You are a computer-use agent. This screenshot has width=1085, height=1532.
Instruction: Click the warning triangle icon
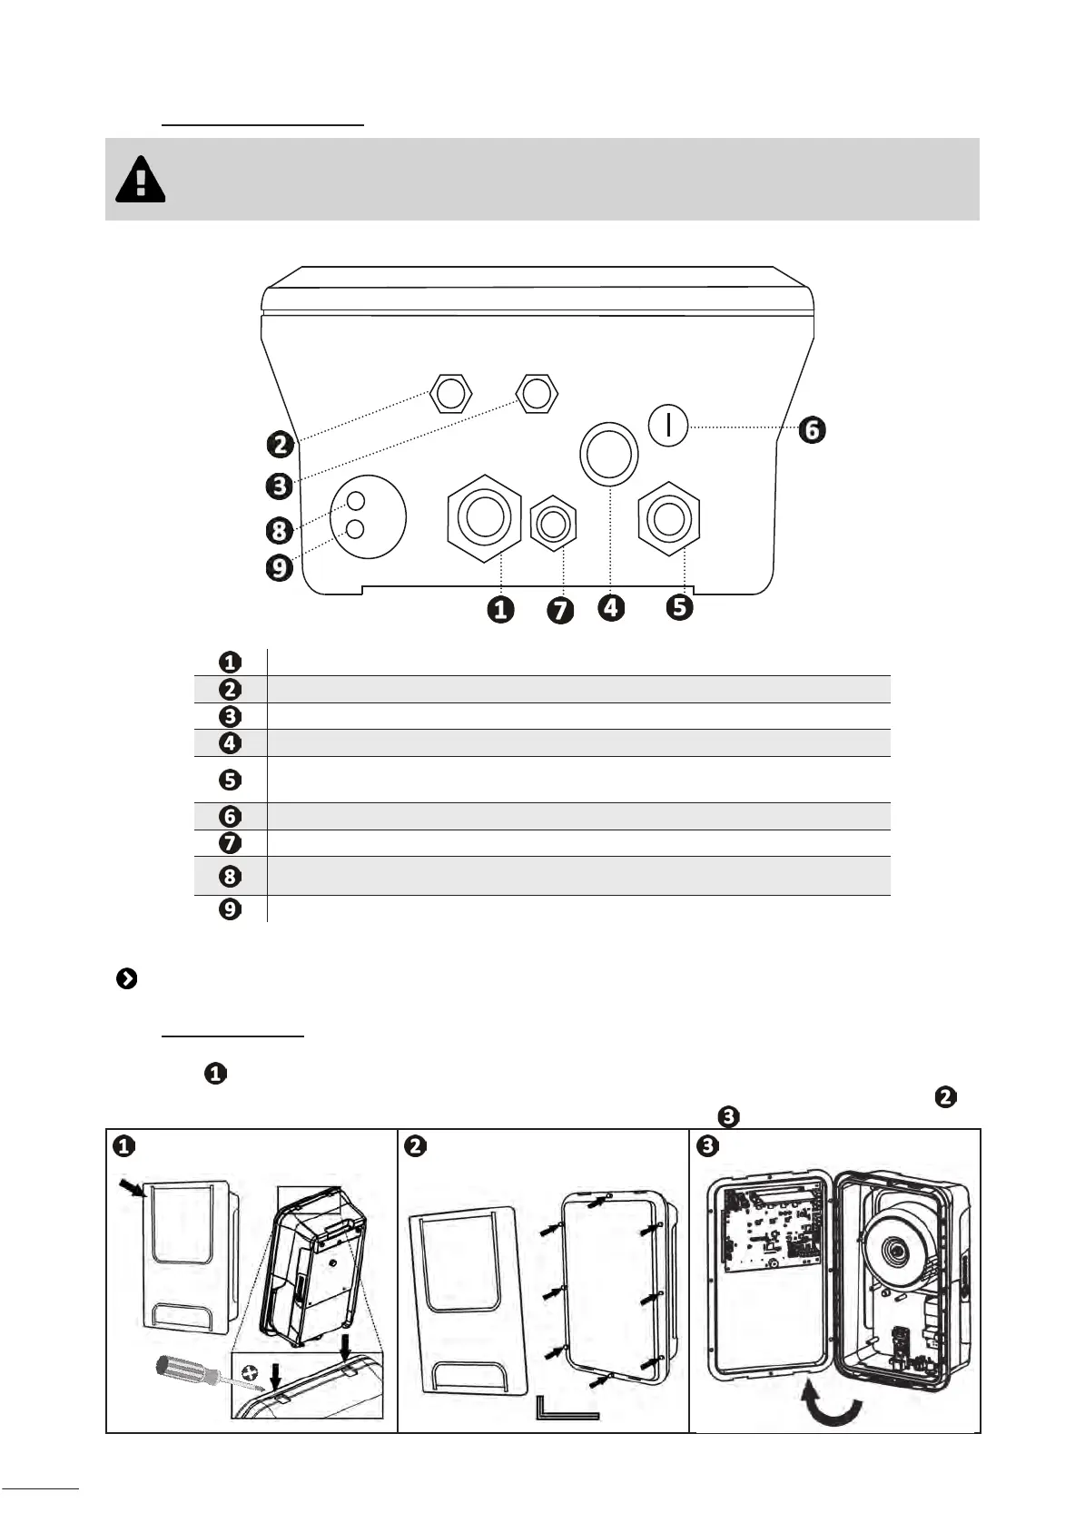tap(140, 179)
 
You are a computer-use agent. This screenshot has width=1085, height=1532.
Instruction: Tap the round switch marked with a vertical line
tap(667, 426)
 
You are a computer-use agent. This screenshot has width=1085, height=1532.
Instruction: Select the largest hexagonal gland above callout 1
tap(484, 517)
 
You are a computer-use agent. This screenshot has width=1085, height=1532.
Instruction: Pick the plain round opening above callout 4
tap(609, 454)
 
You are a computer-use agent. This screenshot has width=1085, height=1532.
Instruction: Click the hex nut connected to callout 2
tap(451, 393)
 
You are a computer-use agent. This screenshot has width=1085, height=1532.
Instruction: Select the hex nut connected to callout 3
tap(537, 393)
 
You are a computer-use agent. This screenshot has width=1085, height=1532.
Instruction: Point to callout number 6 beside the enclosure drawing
tap(812, 430)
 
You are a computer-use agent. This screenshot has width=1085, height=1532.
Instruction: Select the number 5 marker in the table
tap(230, 780)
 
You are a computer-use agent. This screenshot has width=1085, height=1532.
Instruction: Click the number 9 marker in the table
tap(230, 908)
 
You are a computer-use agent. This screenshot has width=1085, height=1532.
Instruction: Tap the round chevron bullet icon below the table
tap(126, 978)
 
